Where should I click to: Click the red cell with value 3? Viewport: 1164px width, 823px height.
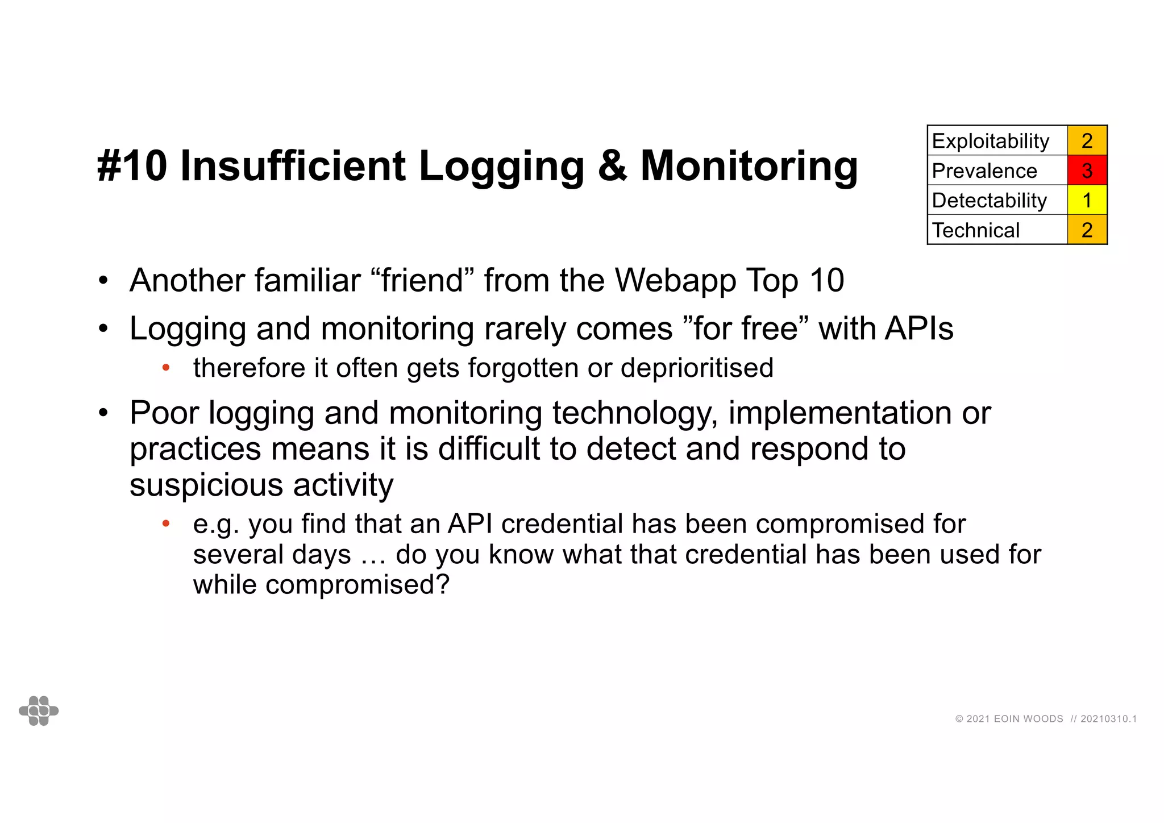(1087, 171)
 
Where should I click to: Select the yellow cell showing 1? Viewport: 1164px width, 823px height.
(1087, 200)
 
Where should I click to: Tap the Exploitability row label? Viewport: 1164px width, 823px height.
(991, 141)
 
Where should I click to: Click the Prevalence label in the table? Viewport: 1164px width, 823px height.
(984, 171)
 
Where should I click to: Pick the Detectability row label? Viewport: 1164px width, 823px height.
(989, 200)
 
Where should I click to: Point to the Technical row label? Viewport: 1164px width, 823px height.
(976, 230)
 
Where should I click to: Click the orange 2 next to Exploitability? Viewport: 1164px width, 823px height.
(1087, 141)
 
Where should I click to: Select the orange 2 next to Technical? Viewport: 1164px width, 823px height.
(1087, 230)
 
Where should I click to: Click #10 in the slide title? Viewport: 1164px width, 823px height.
(132, 166)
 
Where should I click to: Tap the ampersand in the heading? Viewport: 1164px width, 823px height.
(612, 166)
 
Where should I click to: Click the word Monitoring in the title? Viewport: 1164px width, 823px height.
(749, 166)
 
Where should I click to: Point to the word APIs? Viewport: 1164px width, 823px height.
(919, 329)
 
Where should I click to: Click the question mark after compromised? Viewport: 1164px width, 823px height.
(442, 584)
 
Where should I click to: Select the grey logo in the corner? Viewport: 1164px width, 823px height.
(39, 710)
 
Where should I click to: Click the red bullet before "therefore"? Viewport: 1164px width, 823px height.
(166, 368)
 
